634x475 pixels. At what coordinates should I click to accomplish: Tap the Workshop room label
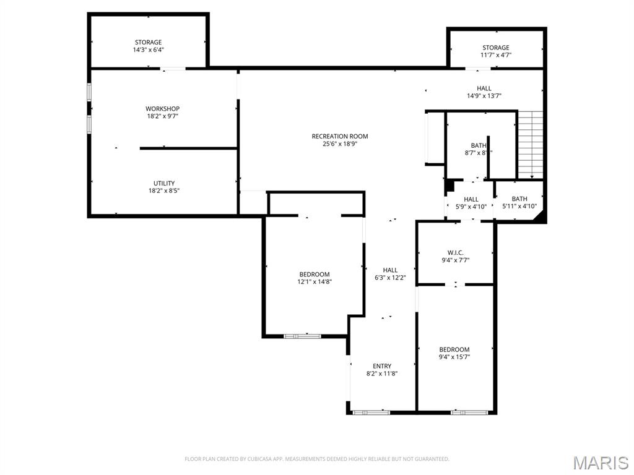click(x=162, y=109)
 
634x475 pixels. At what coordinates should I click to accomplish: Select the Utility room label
click(x=163, y=183)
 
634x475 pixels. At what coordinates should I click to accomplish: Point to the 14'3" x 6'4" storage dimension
click(x=148, y=50)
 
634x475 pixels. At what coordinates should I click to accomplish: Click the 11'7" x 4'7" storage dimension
click(x=496, y=55)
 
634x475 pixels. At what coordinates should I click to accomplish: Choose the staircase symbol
click(x=531, y=143)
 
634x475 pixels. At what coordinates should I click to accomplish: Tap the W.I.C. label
click(x=455, y=252)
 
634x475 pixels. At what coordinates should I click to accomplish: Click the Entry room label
click(x=381, y=366)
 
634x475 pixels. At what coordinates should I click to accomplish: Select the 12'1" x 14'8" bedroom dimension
click(x=315, y=282)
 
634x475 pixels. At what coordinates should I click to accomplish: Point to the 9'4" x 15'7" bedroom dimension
click(x=454, y=357)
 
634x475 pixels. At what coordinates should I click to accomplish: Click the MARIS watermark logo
click(x=600, y=462)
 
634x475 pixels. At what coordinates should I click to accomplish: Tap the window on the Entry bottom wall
click(x=370, y=411)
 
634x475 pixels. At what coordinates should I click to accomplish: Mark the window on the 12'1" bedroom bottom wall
click(x=302, y=336)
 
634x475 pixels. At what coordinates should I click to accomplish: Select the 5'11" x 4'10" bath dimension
click(x=519, y=207)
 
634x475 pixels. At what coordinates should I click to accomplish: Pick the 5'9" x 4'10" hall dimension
click(x=471, y=207)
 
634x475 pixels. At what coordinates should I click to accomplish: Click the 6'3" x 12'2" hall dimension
click(x=390, y=278)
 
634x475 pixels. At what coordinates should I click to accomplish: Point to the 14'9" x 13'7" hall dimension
click(x=484, y=96)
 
